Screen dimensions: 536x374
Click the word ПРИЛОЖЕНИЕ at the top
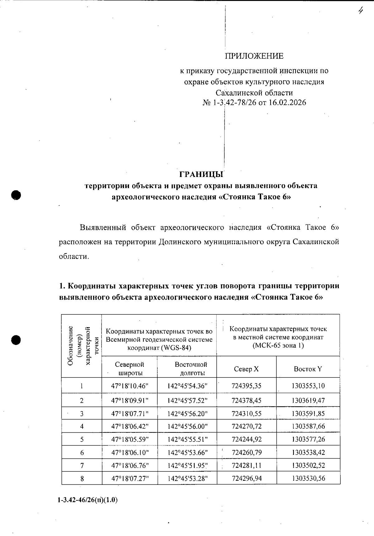(x=254, y=56)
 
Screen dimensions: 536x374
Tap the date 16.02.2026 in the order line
(x=287, y=103)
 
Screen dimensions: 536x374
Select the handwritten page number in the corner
(x=361, y=11)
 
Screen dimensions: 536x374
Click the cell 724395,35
(x=247, y=386)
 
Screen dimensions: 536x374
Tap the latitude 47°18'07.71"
(x=130, y=414)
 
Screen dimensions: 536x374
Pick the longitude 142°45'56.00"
(x=187, y=426)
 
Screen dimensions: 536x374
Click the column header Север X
(x=246, y=369)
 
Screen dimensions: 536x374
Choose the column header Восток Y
(x=308, y=369)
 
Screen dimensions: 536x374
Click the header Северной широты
(x=129, y=369)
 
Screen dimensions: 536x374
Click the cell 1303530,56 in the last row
(x=308, y=478)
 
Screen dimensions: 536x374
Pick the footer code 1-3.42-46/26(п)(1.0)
(x=87, y=500)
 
